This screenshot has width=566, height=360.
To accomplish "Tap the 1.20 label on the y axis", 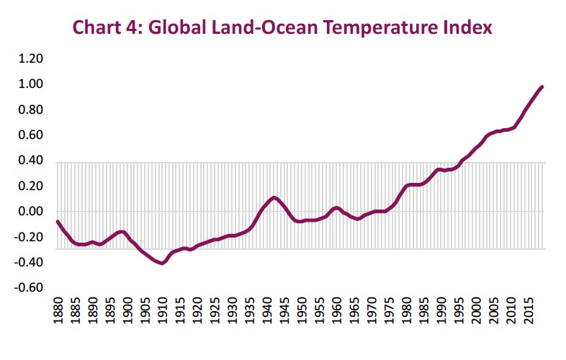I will coord(32,59).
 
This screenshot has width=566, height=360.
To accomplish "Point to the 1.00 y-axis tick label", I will coord(32,84).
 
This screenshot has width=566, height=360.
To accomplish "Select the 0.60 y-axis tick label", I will coord(32,135).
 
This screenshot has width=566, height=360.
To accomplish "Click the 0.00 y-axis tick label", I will coord(32,212).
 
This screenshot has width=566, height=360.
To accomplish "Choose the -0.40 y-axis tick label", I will coord(31,263).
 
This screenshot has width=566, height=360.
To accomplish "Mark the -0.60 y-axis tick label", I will coord(31,288).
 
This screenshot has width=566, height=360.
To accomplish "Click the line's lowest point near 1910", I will coord(162,264).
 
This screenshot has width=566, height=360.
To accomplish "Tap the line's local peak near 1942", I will coord(274,197).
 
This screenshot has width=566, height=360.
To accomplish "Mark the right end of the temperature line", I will coord(542,86).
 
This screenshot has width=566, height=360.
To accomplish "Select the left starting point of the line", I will coord(58,221).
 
